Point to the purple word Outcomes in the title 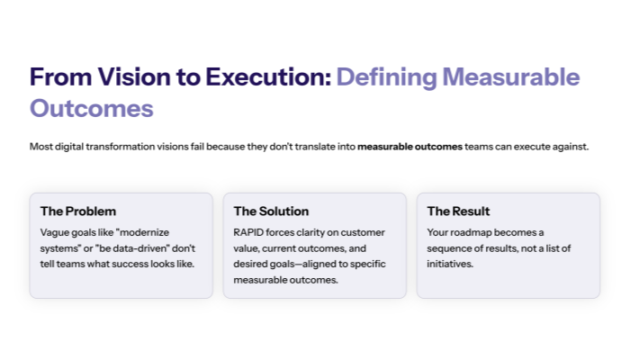(x=91, y=109)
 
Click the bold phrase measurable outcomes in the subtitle (x=409, y=146)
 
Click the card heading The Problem (x=78, y=211)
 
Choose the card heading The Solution (x=271, y=211)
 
